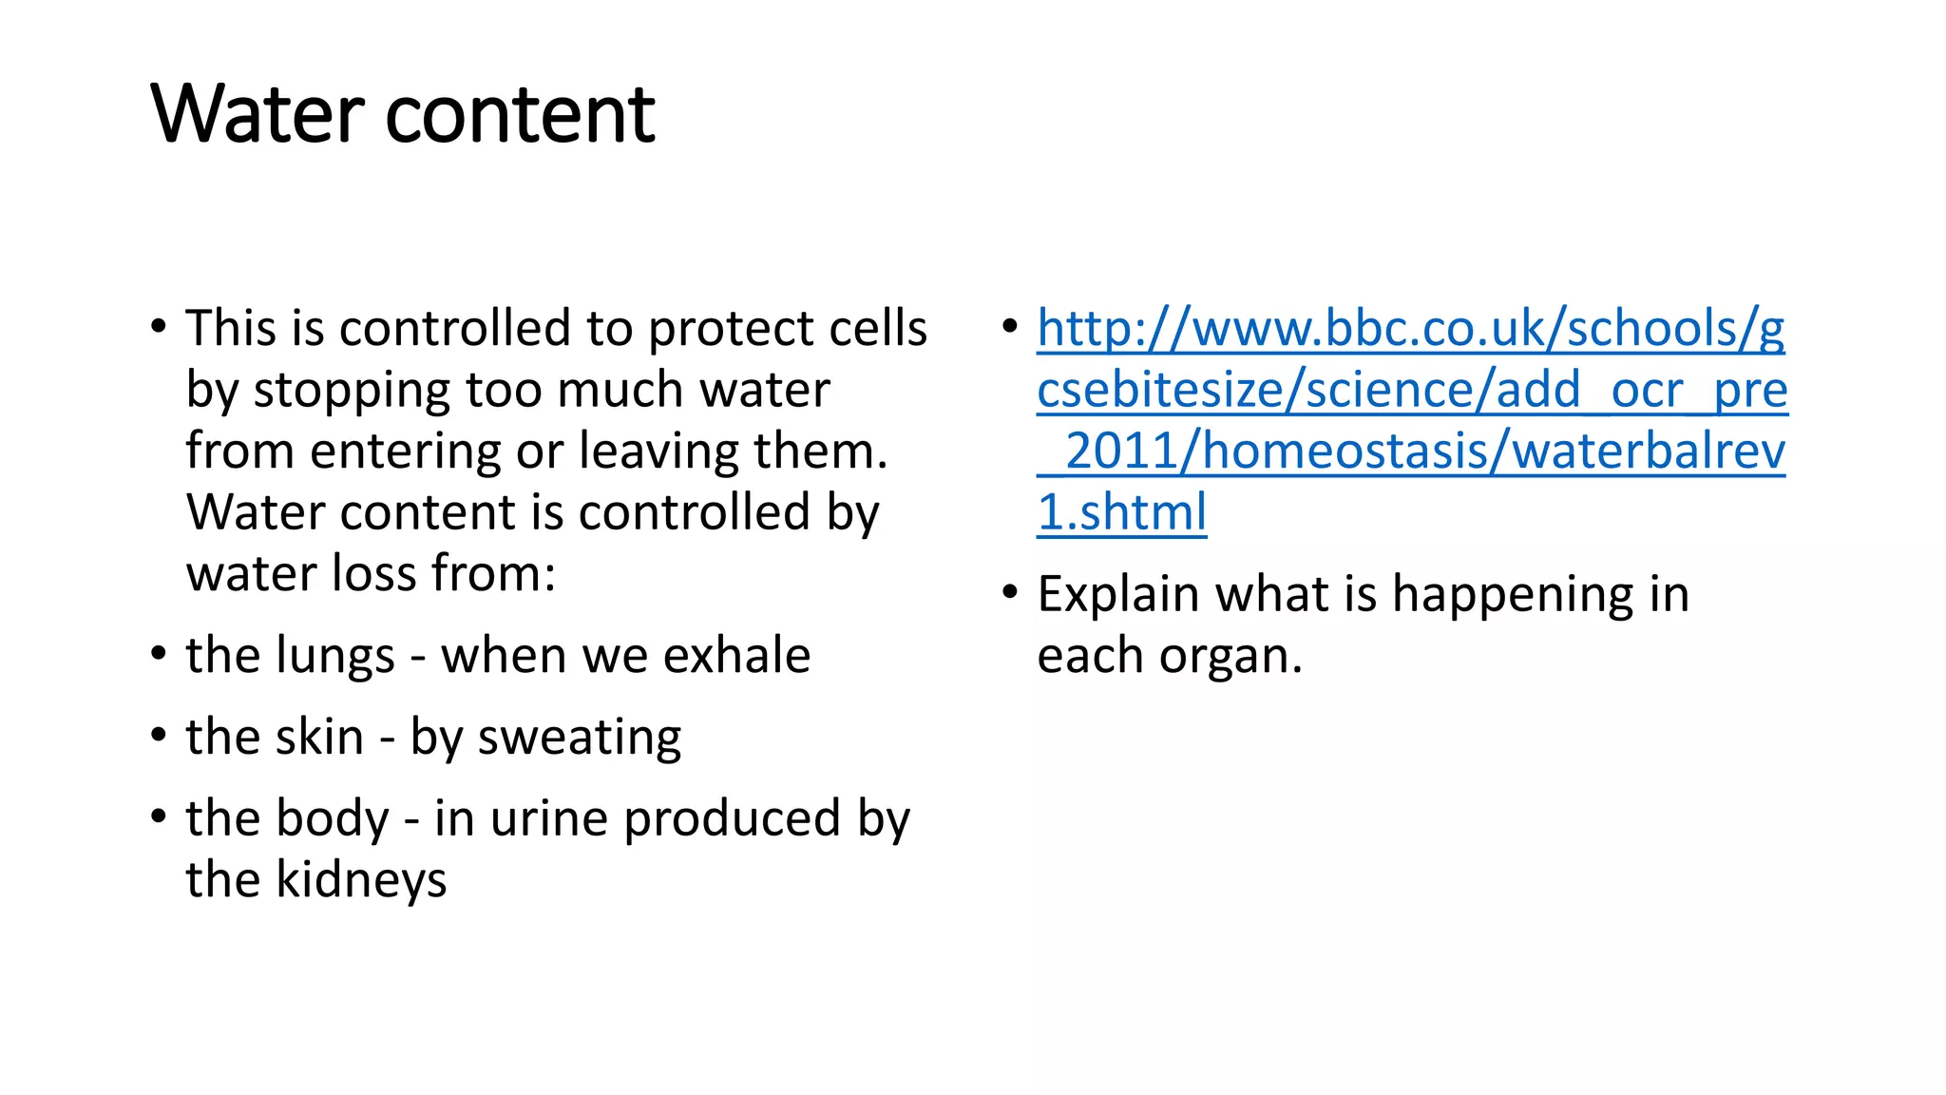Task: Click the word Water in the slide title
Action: (258, 114)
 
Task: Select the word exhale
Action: (736, 655)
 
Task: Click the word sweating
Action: (579, 738)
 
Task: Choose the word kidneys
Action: (360, 880)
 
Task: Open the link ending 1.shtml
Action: (1121, 512)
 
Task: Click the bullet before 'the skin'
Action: (159, 735)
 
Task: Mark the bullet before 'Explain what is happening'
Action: (1010, 592)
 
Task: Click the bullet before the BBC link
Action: (1010, 326)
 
